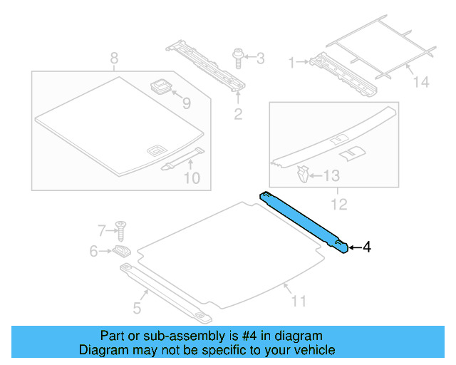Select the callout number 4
coord(367,247)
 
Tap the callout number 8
coord(113,58)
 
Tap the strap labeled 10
coord(182,158)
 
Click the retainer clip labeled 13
coord(303,173)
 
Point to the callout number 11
coord(299,301)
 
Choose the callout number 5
coord(138,307)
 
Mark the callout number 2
coord(238,113)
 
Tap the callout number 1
coord(291,63)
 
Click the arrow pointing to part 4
coord(355,247)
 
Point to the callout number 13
coord(333,175)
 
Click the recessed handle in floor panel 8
coord(155,150)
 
